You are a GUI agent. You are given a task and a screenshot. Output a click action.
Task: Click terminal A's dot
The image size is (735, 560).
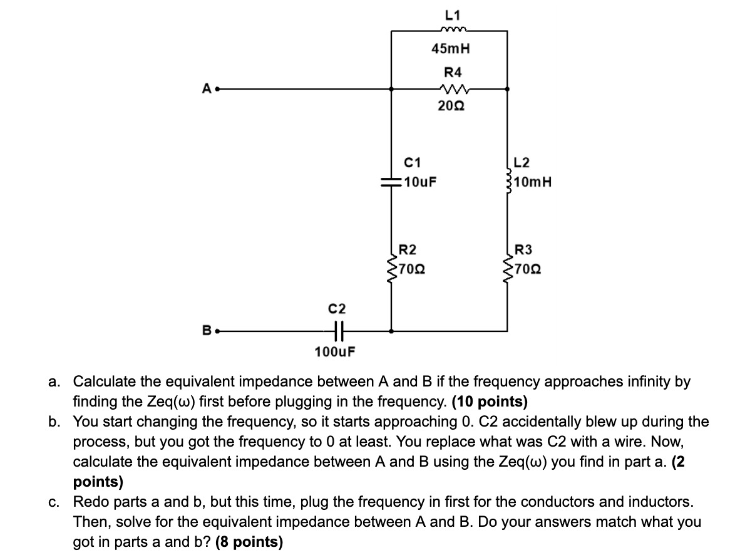[215, 90]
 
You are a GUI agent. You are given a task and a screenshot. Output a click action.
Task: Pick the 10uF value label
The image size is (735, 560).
[420, 183]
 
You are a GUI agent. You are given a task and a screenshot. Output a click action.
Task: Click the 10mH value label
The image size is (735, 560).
[532, 183]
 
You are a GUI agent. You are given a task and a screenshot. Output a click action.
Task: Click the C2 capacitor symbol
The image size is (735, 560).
[337, 330]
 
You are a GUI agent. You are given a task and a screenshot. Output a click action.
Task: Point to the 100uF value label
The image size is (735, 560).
[335, 350]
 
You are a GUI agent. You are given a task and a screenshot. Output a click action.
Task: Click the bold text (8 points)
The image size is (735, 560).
[249, 542]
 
